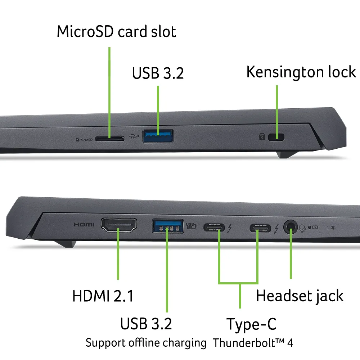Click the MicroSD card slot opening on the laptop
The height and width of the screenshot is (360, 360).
point(110,138)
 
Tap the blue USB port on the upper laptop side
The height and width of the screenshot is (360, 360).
point(158,136)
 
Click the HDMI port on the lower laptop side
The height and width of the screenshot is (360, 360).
point(118,225)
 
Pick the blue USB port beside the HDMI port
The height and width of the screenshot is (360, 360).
point(167,226)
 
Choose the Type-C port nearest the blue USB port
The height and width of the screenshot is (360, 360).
point(214,228)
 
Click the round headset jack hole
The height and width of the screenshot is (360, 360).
point(290,227)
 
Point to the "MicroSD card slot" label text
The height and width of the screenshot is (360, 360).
point(116,32)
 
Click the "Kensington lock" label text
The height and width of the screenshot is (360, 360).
point(301,72)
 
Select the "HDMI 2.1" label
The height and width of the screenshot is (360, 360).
point(103,296)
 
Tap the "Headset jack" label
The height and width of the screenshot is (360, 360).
point(300,296)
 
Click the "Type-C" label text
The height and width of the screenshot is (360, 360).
point(251,324)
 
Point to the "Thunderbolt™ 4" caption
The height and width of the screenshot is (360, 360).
point(253,343)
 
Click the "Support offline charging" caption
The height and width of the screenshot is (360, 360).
point(146,343)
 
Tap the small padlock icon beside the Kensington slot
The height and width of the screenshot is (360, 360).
point(262,137)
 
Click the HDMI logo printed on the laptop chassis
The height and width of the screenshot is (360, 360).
point(84,225)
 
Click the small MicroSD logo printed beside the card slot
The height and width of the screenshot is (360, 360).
point(84,139)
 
